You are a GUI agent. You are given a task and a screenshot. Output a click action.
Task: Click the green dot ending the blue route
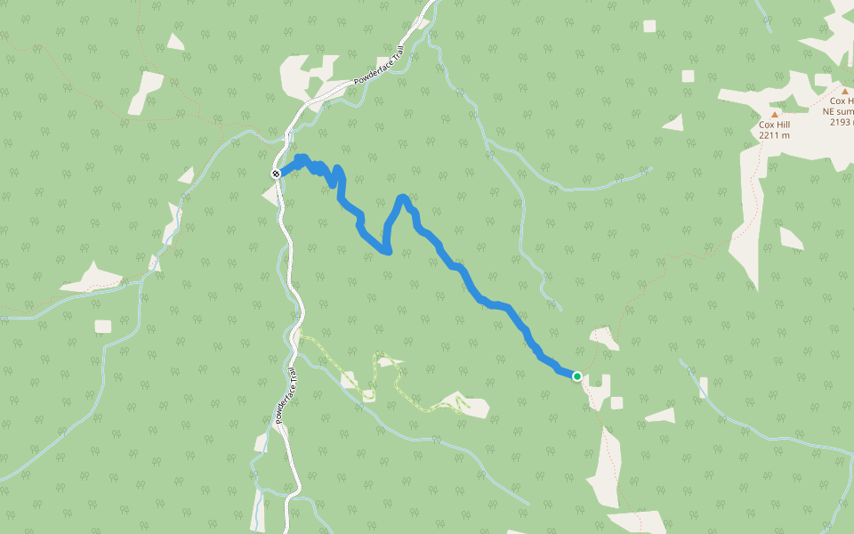pos(576,376)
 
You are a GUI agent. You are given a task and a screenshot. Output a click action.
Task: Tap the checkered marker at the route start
pos(277,174)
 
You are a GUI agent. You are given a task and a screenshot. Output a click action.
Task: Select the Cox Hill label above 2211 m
pos(774,125)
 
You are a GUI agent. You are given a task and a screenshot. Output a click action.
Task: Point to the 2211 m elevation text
pos(774,136)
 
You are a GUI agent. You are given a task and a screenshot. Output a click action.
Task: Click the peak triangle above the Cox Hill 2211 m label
pos(775,114)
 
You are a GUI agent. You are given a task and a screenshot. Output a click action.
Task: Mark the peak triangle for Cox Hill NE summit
pos(843,90)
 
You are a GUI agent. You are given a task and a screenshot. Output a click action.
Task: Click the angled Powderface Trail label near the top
pos(378,67)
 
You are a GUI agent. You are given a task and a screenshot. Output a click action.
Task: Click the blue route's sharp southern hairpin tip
pos(388,252)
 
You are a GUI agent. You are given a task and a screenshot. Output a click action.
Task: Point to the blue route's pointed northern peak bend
pos(404,198)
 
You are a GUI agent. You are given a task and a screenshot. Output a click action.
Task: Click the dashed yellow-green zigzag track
pos(391,378)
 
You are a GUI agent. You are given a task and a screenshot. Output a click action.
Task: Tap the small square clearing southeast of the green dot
pos(616,402)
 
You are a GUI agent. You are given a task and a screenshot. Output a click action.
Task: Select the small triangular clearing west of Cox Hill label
pos(674,123)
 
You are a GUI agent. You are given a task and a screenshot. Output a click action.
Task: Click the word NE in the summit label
pos(837,112)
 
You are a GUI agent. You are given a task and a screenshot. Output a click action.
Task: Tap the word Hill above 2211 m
pos(782,125)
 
